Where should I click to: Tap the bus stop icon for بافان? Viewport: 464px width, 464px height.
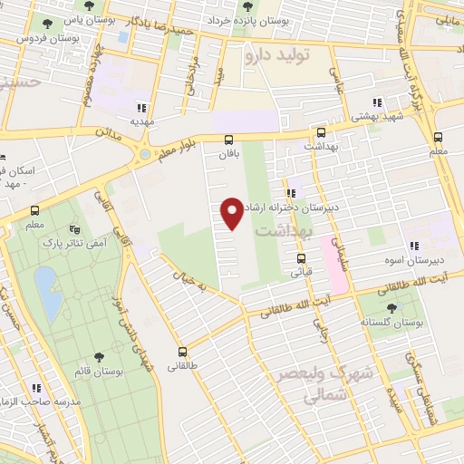click(228, 140)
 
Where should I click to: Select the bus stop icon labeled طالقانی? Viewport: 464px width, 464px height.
click(182, 352)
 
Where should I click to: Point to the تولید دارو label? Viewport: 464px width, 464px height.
click(276, 56)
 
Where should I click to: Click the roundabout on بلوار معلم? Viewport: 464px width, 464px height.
click(143, 156)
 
